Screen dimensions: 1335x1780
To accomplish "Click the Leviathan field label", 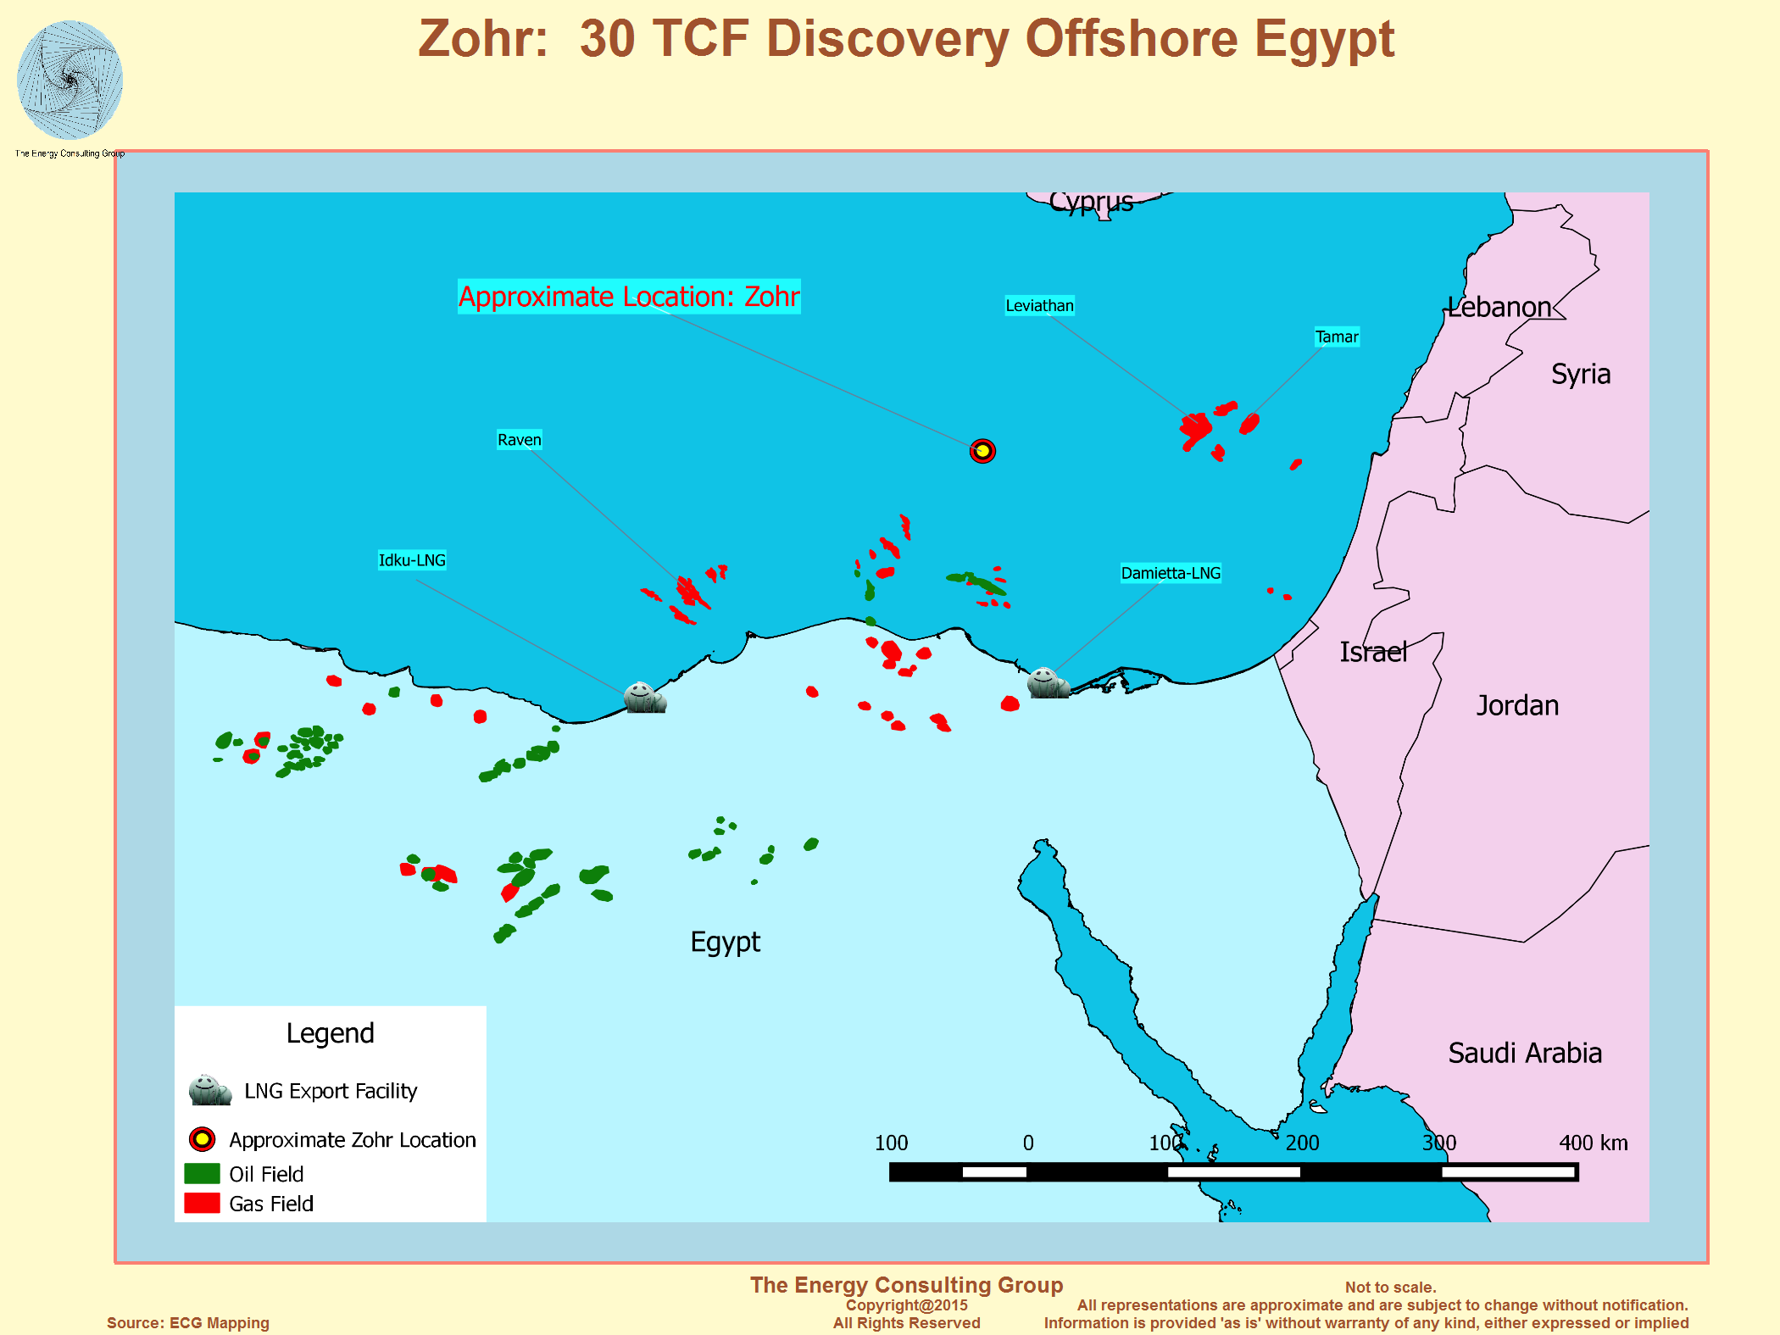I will (x=1039, y=306).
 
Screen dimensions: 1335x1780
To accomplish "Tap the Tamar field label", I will (x=1337, y=337).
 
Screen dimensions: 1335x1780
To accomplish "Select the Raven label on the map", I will (x=519, y=440).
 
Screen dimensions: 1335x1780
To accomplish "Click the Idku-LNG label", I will (x=412, y=560).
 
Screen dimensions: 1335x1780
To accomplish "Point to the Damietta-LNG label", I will (x=1171, y=573).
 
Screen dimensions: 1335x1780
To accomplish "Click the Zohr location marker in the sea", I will (x=982, y=451).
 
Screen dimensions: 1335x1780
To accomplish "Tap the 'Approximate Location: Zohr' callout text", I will (x=629, y=297).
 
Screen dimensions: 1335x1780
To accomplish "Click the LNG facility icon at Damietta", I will (x=1047, y=682).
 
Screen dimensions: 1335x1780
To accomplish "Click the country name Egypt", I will (x=725, y=942).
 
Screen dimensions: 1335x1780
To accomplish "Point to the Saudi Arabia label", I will (x=1524, y=1053).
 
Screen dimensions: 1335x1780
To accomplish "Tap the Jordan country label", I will (x=1517, y=705).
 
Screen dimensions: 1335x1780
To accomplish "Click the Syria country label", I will (x=1580, y=374).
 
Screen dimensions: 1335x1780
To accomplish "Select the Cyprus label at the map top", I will (x=1091, y=203).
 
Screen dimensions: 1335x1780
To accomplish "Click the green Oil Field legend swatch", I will (x=202, y=1173).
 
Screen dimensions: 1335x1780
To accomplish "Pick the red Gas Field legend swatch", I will (x=202, y=1203).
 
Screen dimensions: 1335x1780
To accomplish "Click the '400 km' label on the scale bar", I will (x=1593, y=1143).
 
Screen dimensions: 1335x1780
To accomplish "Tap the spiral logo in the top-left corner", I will (x=70, y=81).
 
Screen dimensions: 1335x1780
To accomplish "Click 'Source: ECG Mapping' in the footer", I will (x=187, y=1322).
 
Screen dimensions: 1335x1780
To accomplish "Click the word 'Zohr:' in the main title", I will (x=483, y=39).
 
